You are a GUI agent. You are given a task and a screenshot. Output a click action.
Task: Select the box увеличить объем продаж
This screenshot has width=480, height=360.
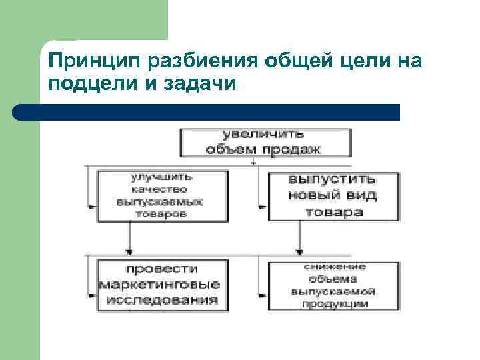click(x=265, y=141)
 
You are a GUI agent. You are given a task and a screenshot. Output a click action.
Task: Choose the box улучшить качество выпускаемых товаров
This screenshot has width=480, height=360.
click(x=161, y=196)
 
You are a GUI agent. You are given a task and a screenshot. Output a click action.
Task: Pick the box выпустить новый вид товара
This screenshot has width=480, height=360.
click(x=333, y=196)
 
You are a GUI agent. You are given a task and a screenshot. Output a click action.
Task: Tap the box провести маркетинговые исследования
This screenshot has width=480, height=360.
click(x=161, y=285)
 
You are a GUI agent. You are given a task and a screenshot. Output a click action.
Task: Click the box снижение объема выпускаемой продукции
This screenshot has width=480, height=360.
click(x=333, y=285)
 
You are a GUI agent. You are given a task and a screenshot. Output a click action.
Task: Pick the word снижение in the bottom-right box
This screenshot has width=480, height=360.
click(x=333, y=267)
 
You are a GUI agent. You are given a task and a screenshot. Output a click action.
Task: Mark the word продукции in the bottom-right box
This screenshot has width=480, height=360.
click(x=333, y=304)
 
